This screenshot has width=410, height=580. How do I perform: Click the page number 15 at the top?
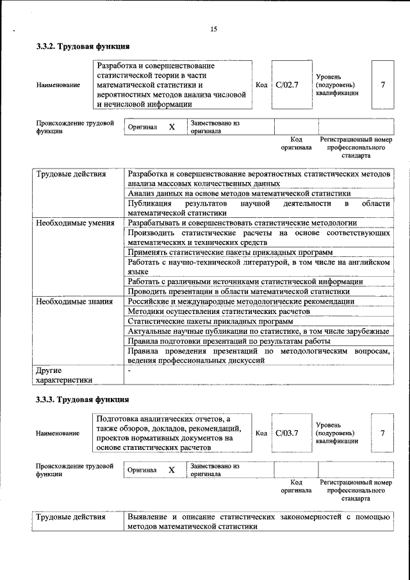214,29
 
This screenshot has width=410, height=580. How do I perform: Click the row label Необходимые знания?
73,301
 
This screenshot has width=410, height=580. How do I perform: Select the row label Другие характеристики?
64,375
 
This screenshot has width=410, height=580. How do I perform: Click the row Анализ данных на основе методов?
239,193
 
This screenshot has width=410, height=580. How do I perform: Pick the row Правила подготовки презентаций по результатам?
233,341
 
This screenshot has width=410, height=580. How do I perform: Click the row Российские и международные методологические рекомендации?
241,301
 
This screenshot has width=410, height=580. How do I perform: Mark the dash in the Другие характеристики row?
129,370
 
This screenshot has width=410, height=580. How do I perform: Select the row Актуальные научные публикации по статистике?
258,331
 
